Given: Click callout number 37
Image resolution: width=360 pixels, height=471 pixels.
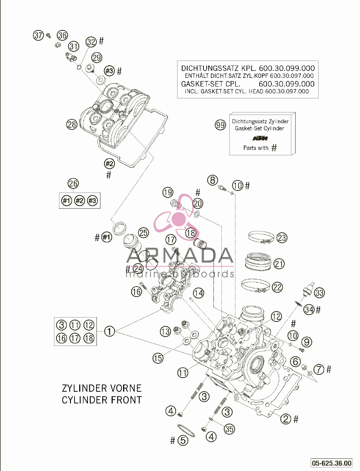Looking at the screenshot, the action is tap(39, 35).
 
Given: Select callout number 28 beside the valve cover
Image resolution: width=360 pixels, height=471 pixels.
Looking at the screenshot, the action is tap(72, 125).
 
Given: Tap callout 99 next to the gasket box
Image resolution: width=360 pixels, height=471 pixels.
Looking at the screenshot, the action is tap(220, 125).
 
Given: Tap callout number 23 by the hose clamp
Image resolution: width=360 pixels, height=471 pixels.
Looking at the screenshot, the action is tap(282, 238).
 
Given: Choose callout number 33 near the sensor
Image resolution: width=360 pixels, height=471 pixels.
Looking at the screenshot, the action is tap(319, 293).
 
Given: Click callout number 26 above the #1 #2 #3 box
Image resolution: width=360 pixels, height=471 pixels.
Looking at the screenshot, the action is tap(73, 183).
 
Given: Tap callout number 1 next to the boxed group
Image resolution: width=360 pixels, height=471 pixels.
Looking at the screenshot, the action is tap(109, 331).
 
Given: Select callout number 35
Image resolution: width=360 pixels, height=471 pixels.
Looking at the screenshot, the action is tap(229, 429).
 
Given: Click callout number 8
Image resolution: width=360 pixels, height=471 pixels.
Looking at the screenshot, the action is tap(212, 180).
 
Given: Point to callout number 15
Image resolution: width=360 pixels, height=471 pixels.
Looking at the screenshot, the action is tap(158, 358).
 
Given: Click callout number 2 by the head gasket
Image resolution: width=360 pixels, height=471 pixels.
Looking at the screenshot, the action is tap(285, 419).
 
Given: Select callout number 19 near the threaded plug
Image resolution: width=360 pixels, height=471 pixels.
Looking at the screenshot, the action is tap(168, 192).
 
